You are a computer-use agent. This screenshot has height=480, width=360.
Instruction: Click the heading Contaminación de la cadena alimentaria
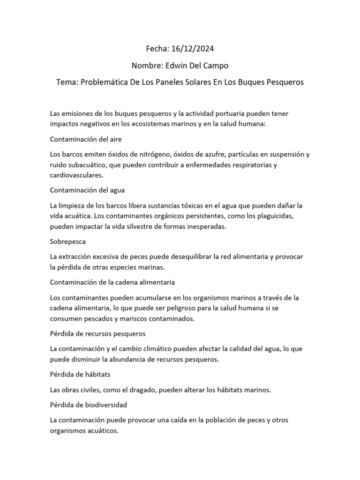(112, 282)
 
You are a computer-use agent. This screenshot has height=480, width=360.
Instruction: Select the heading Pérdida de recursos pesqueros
(97, 334)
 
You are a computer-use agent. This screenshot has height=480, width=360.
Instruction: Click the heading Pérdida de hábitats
(80, 375)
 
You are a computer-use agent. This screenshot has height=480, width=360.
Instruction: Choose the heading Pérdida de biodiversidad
(88, 405)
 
